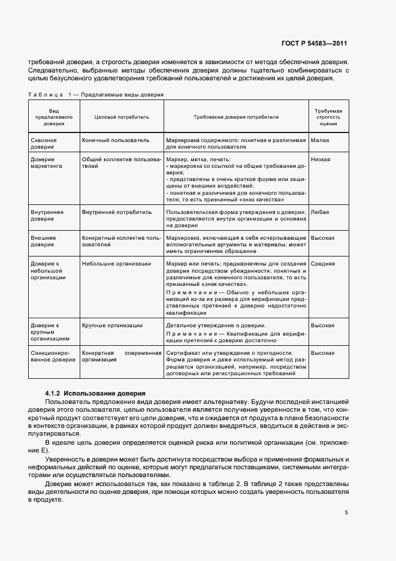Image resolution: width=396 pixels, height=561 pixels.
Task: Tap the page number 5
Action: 346,512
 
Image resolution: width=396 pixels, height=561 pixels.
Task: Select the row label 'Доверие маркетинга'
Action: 46,162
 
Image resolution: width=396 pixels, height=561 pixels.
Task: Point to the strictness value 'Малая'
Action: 320,140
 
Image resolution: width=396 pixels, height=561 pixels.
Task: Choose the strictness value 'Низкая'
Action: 321,159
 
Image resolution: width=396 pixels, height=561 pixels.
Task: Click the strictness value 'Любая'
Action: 320,212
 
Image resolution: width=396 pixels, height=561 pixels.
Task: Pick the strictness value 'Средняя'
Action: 322,263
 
